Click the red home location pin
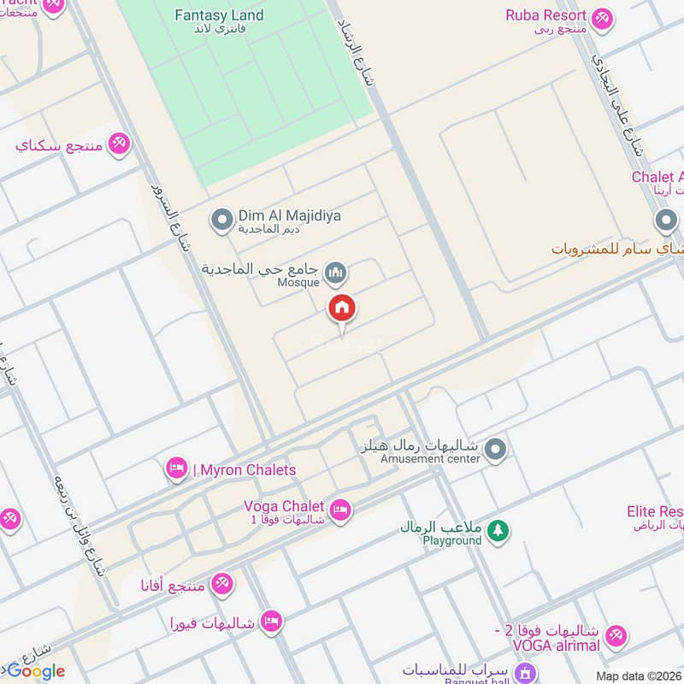(x=342, y=309)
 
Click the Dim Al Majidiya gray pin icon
(x=222, y=220)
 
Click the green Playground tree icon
(x=498, y=532)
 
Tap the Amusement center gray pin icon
(x=495, y=449)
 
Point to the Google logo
(x=36, y=671)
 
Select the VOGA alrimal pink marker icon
(x=616, y=636)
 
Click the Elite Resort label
(x=655, y=512)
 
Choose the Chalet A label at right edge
(x=657, y=177)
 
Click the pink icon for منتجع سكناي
(x=120, y=144)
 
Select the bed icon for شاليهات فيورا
(x=271, y=622)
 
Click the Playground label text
(x=452, y=540)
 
